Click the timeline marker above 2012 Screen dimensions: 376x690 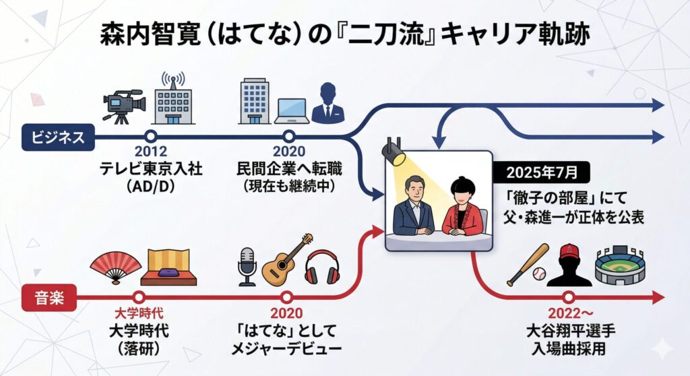pos(151,137)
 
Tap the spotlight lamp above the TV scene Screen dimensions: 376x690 pos(393,152)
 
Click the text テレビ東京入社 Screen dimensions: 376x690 pos(151,169)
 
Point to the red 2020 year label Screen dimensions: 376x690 pos(286,313)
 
